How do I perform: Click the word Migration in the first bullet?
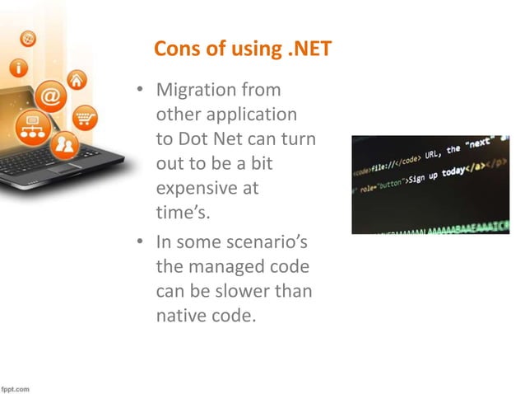(197, 88)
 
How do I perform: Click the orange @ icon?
(50, 96)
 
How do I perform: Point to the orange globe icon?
(28, 38)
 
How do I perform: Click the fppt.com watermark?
(16, 387)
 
